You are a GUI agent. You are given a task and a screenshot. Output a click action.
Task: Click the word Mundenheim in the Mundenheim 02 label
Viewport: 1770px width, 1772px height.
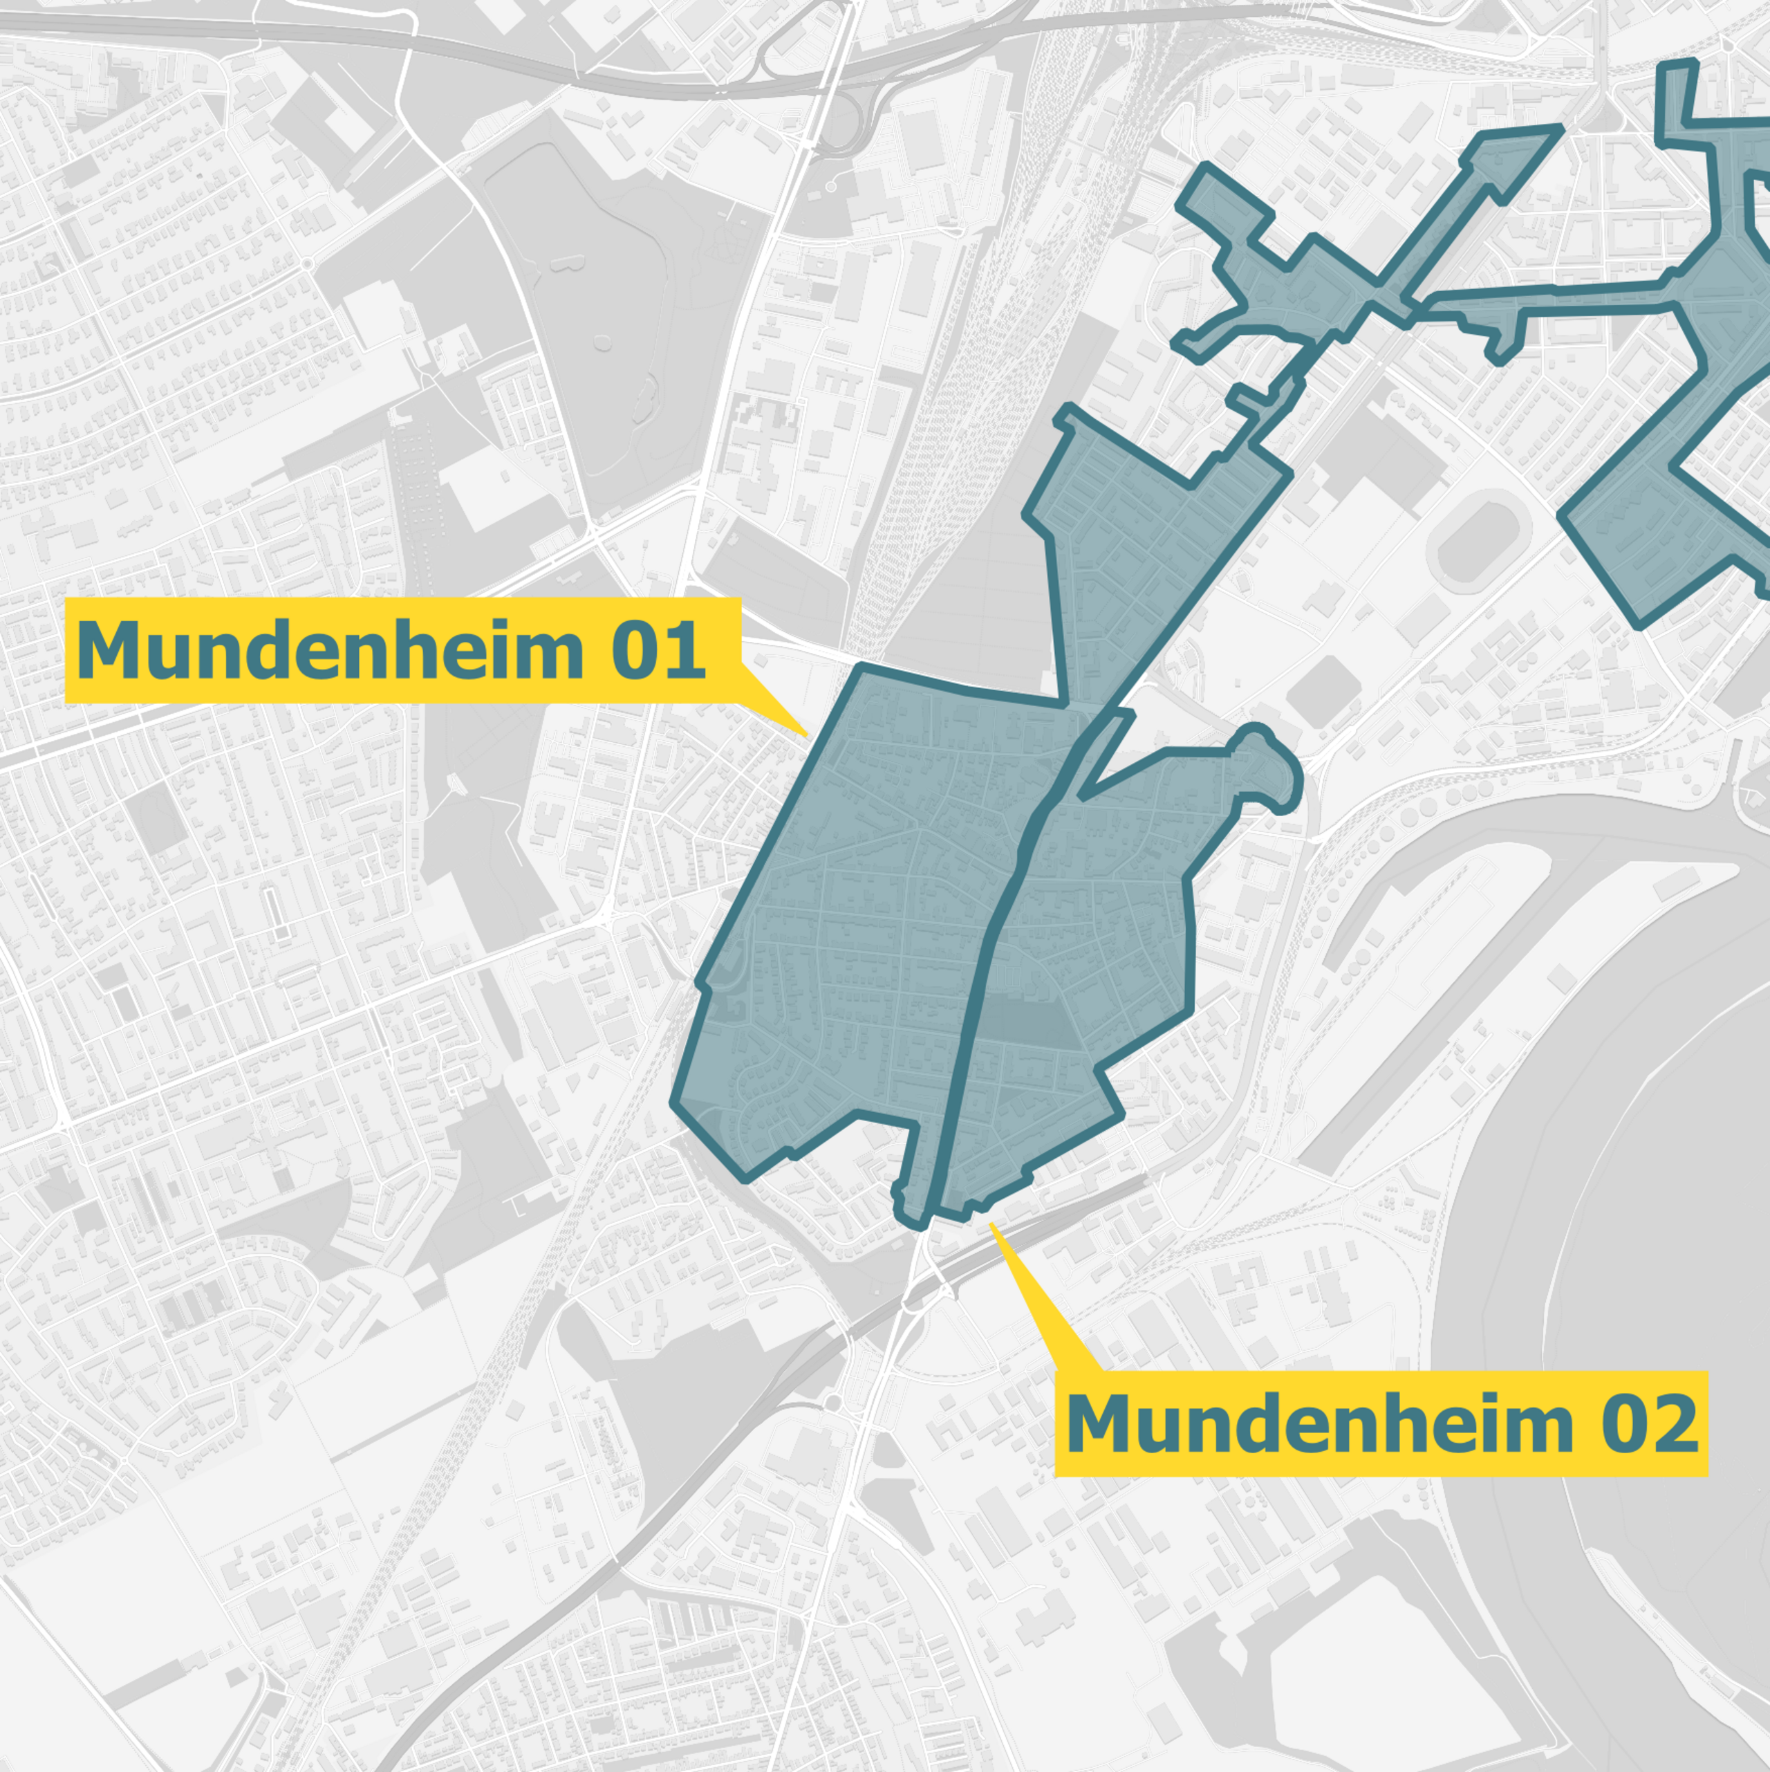1319,1423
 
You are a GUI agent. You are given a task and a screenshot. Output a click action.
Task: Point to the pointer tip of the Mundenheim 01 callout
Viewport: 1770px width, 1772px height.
806,736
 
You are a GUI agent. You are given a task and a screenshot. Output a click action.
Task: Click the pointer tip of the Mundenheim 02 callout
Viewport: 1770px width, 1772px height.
991,1224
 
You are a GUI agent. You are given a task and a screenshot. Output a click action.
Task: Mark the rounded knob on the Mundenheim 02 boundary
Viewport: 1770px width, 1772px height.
1270,770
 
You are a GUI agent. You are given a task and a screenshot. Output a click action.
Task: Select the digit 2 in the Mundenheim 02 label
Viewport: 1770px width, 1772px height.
1675,1423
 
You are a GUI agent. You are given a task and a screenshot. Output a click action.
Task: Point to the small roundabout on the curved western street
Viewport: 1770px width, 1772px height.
307,264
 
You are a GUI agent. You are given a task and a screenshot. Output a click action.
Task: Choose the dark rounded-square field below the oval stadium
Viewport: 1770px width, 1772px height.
1323,688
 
